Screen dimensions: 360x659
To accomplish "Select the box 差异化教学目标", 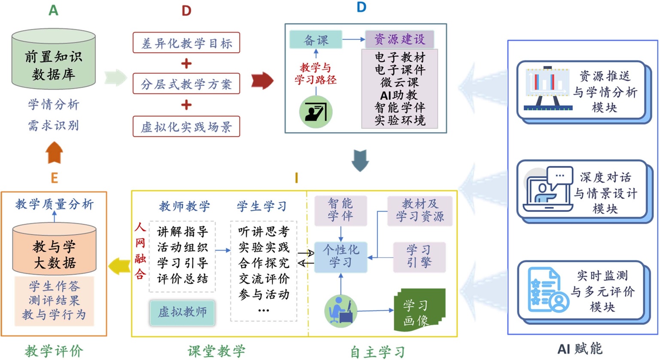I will [x=186, y=43].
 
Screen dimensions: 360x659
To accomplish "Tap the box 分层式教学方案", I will [x=186, y=84].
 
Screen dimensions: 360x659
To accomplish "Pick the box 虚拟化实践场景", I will [x=186, y=127].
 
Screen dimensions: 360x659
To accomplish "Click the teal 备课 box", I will [x=316, y=40].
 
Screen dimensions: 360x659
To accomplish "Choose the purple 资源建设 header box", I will [x=399, y=39].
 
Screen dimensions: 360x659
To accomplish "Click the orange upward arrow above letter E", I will [x=55, y=153].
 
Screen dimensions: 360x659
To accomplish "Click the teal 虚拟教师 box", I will [x=182, y=312].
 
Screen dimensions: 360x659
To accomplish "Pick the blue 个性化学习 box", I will [x=341, y=257].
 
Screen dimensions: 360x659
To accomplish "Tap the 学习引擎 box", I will [x=419, y=257].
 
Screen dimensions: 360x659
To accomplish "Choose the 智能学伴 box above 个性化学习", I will [x=340, y=210].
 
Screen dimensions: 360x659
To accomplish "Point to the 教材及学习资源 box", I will [x=419, y=210].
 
